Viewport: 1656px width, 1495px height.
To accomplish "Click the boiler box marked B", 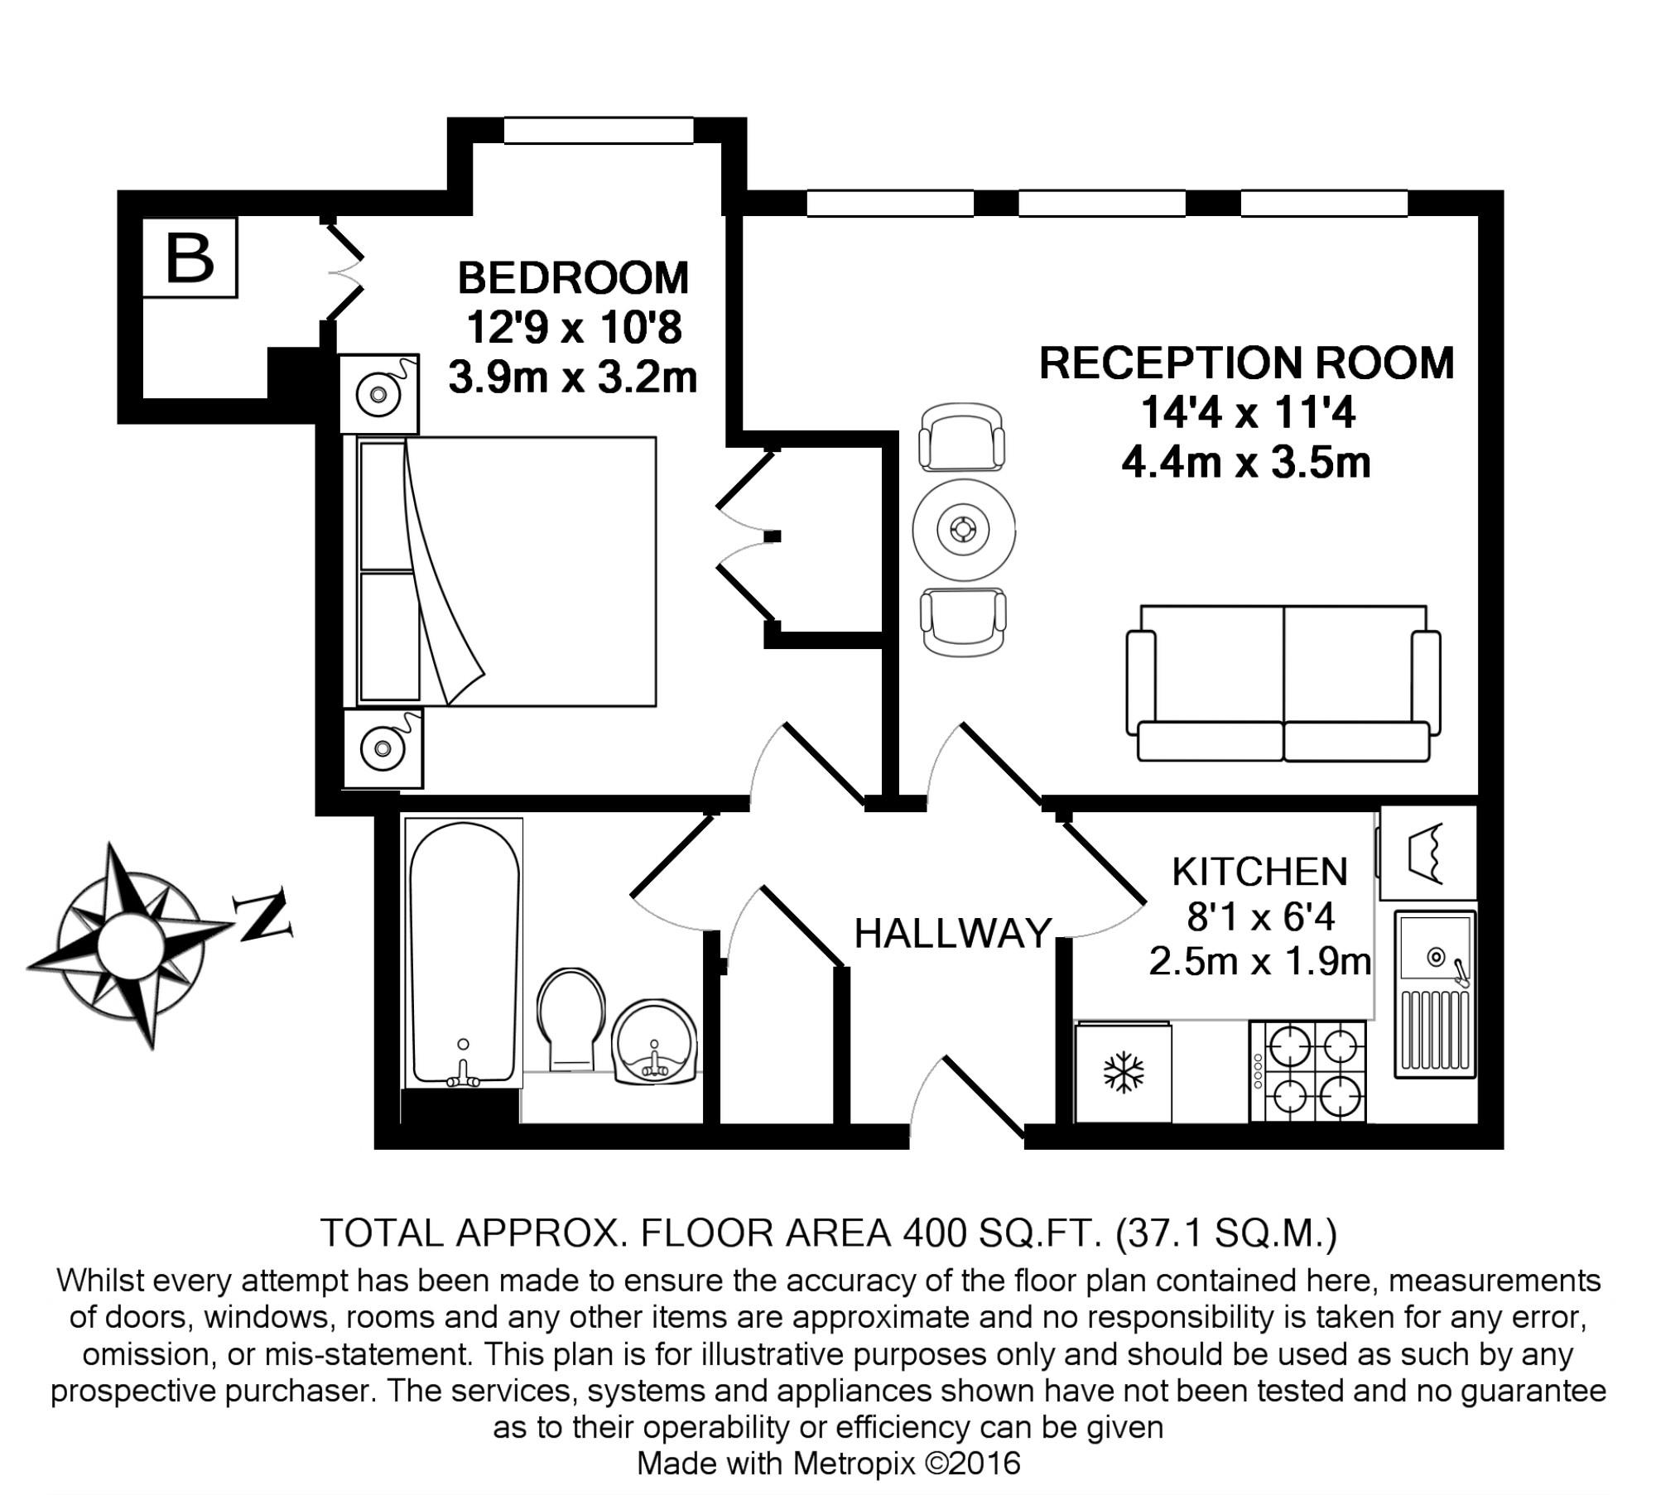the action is (x=190, y=257).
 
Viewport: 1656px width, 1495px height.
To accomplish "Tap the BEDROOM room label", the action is (x=573, y=278).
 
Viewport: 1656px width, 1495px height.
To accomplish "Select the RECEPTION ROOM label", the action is (x=1246, y=363).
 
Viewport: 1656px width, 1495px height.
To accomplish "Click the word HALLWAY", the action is (x=953, y=934).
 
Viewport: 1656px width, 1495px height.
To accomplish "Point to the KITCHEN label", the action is (x=1260, y=872).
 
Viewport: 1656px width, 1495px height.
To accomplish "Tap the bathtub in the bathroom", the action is (x=464, y=953).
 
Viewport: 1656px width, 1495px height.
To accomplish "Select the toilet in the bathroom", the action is (x=571, y=1019).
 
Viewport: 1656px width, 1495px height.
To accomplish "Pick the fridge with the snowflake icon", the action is (x=1124, y=1073).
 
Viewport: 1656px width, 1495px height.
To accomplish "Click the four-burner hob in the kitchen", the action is (x=1307, y=1072).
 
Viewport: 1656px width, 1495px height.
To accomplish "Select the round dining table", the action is (x=964, y=530).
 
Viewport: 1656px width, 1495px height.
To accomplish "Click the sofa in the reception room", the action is (x=1283, y=683).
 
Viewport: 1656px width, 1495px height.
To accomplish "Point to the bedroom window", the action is (x=599, y=130).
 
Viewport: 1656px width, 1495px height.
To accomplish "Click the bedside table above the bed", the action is (x=379, y=394).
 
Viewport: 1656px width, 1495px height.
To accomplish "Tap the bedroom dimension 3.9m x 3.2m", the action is (x=573, y=377).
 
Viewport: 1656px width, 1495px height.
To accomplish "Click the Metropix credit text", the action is (x=828, y=1464).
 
